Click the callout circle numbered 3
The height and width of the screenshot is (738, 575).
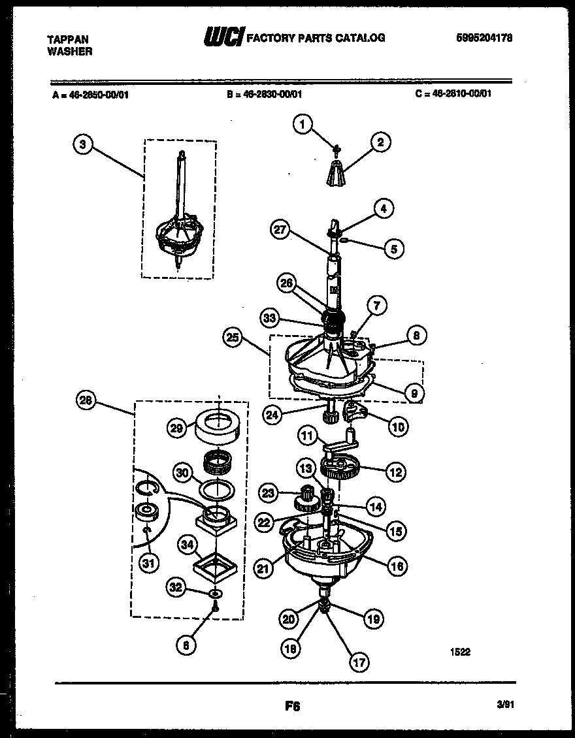coord(82,145)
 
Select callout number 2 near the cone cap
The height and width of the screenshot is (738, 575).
coord(380,142)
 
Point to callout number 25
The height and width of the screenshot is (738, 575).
coord(232,338)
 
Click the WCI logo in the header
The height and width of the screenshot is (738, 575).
coord(223,38)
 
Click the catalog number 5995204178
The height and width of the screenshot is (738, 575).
coord(484,38)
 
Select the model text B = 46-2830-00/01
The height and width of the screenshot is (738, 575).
coord(265,93)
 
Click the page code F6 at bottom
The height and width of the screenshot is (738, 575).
coord(291,705)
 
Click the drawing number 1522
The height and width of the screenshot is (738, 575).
coord(460,651)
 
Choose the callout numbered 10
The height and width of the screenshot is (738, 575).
coord(398,426)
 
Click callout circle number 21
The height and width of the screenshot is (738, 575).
coord(263,569)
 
